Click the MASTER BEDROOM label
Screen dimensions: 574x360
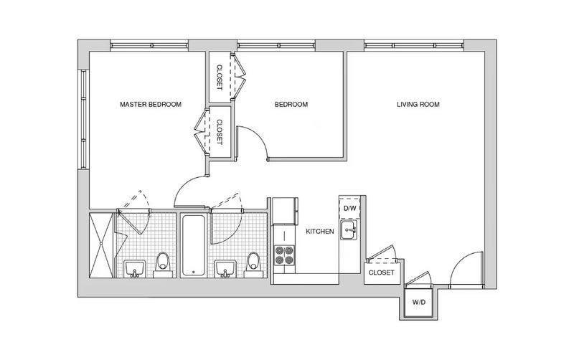[x=151, y=104]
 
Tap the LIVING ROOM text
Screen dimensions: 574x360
[x=418, y=104]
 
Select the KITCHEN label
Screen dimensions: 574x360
[x=320, y=231]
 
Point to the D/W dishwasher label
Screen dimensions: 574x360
[x=349, y=209]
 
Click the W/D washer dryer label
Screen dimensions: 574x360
[x=418, y=303]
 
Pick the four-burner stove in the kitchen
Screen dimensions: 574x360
[x=284, y=255]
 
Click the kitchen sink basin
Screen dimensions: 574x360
[x=349, y=230]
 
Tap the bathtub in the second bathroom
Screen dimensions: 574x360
[x=193, y=245]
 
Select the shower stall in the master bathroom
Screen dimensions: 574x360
[x=101, y=245]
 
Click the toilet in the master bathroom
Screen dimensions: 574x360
[x=163, y=265]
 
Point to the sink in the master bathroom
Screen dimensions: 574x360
[x=135, y=269]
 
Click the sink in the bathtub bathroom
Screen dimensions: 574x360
[x=225, y=269]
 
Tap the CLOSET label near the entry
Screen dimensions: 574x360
[x=382, y=273]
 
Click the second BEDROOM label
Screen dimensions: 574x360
[x=291, y=104]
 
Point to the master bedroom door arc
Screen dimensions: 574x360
[x=184, y=185]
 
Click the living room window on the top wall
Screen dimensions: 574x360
[x=415, y=46]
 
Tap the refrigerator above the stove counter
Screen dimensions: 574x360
[x=285, y=211]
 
